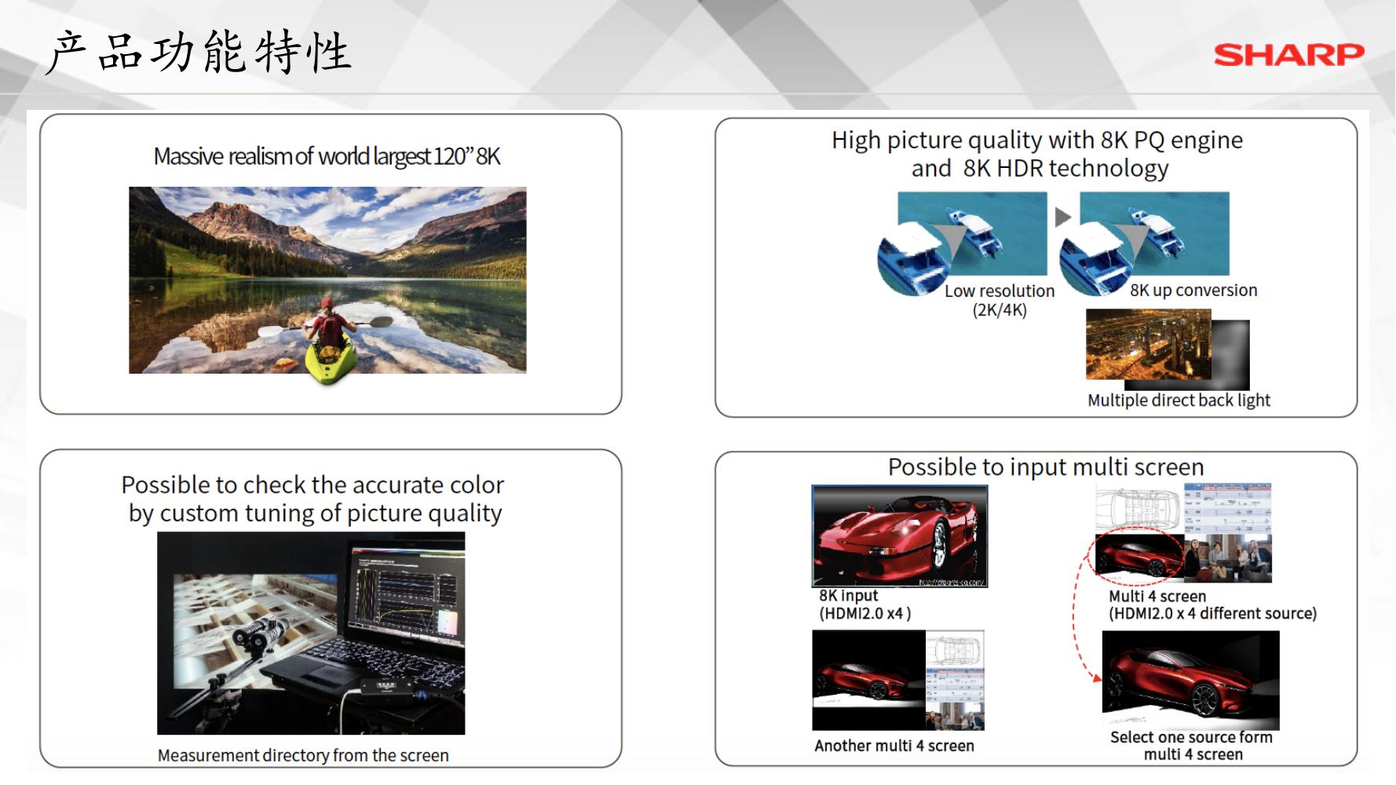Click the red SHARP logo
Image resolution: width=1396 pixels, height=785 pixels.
(x=1288, y=55)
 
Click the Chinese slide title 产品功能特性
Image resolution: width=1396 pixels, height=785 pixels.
(x=199, y=53)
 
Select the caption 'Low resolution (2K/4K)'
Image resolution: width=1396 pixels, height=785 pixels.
(x=999, y=300)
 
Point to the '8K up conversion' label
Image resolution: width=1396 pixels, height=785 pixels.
(x=1193, y=290)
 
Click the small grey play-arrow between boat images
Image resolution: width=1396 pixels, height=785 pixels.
(x=1063, y=217)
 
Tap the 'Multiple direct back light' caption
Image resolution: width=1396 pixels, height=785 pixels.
(x=1179, y=400)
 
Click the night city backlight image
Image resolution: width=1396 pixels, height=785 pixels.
(x=1149, y=345)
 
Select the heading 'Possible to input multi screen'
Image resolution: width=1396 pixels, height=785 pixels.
(x=1046, y=467)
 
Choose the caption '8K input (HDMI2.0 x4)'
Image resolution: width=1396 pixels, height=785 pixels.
(x=864, y=604)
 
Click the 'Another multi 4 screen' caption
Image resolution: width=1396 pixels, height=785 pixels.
(x=894, y=746)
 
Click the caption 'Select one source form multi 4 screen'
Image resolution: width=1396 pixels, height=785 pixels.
(x=1192, y=746)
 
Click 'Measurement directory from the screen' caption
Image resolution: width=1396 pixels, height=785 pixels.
(x=303, y=755)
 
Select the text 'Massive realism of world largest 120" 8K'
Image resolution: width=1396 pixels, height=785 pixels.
(x=327, y=156)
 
